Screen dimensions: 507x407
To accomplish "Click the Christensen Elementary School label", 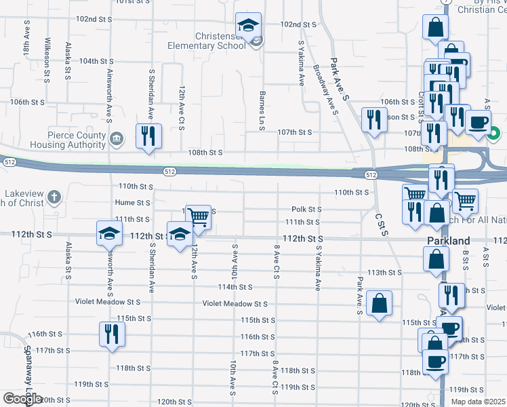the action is (208, 40).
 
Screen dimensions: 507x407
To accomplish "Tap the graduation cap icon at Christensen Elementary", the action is (249, 26).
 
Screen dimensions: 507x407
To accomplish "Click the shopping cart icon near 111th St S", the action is (197, 217).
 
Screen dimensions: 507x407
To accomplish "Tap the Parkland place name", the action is (449, 241).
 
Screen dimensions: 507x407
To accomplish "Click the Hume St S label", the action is (132, 202).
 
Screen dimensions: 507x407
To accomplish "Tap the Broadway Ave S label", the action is (325, 89).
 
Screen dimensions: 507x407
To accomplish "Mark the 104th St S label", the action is (96, 61).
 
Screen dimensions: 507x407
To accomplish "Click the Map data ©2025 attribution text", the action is (479, 402).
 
